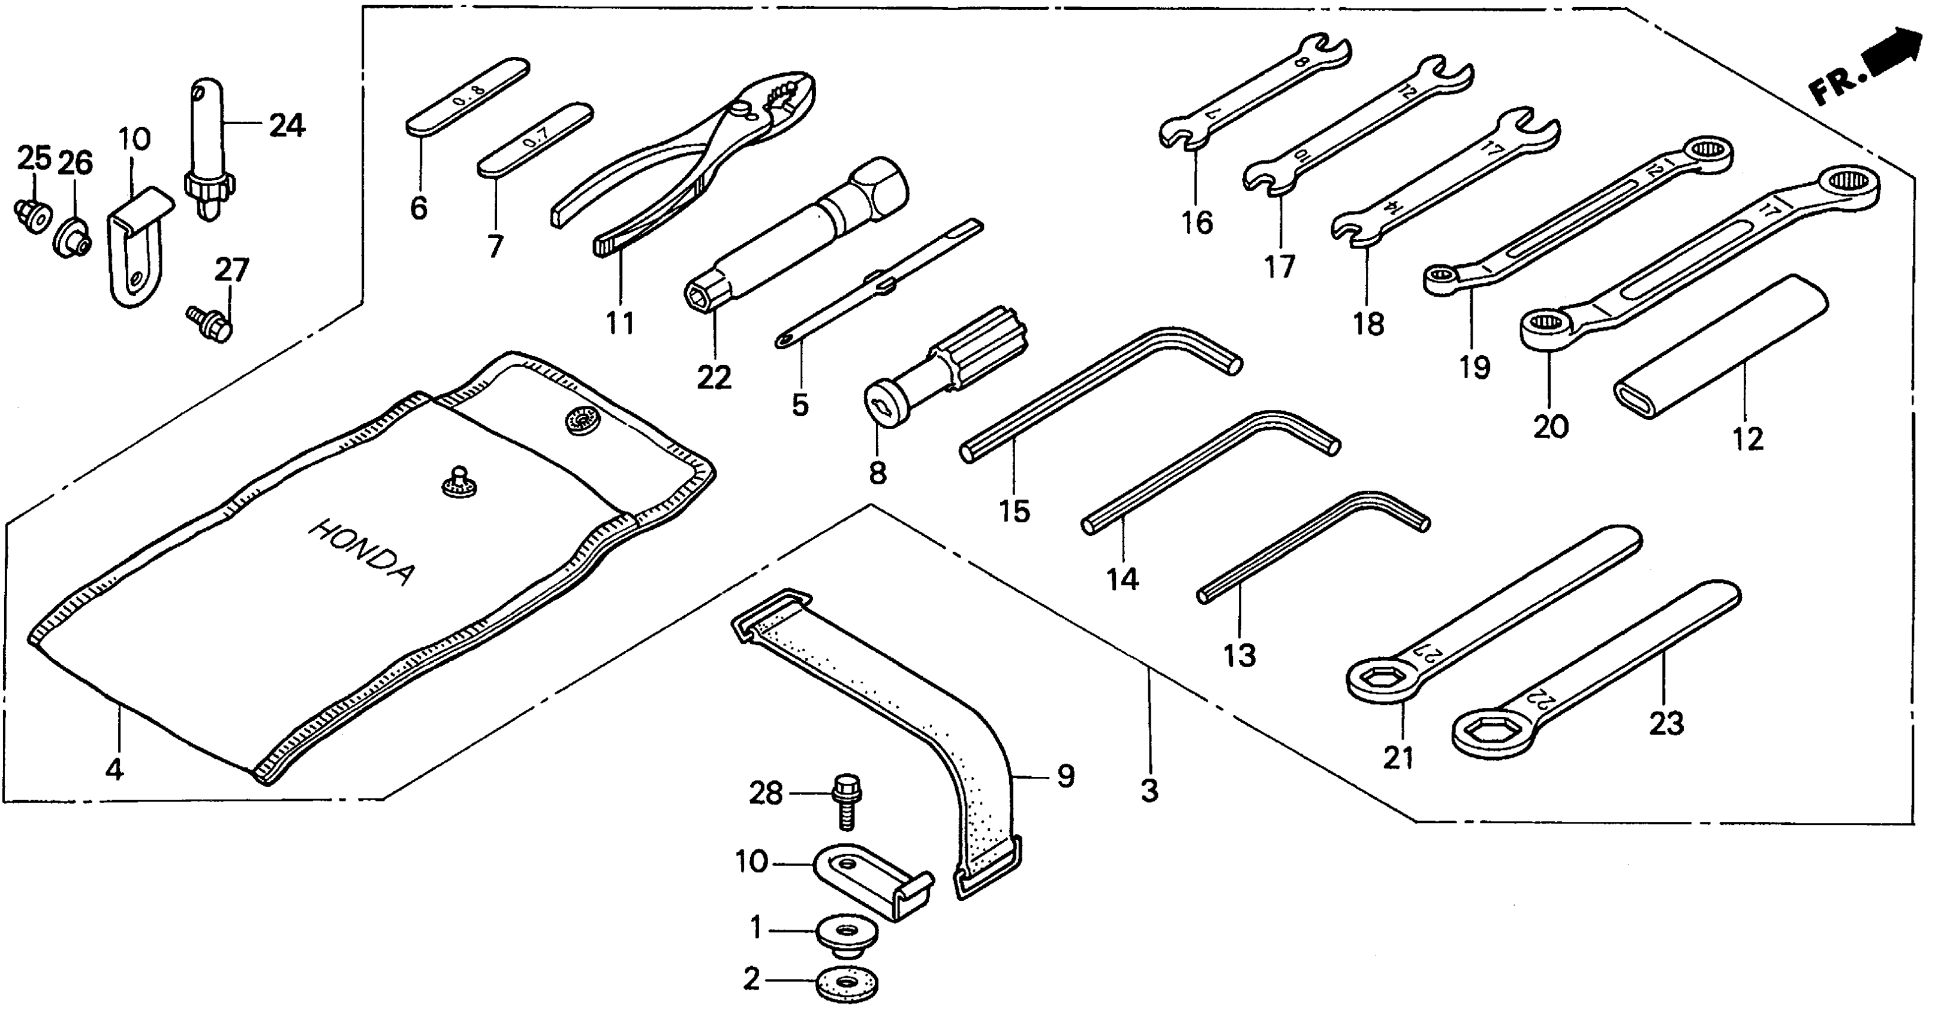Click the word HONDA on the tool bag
360,552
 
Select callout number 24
287,125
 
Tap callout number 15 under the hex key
1014,511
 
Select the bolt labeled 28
846,800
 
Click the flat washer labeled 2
847,983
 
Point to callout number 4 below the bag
114,769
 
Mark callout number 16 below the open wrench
1197,222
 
